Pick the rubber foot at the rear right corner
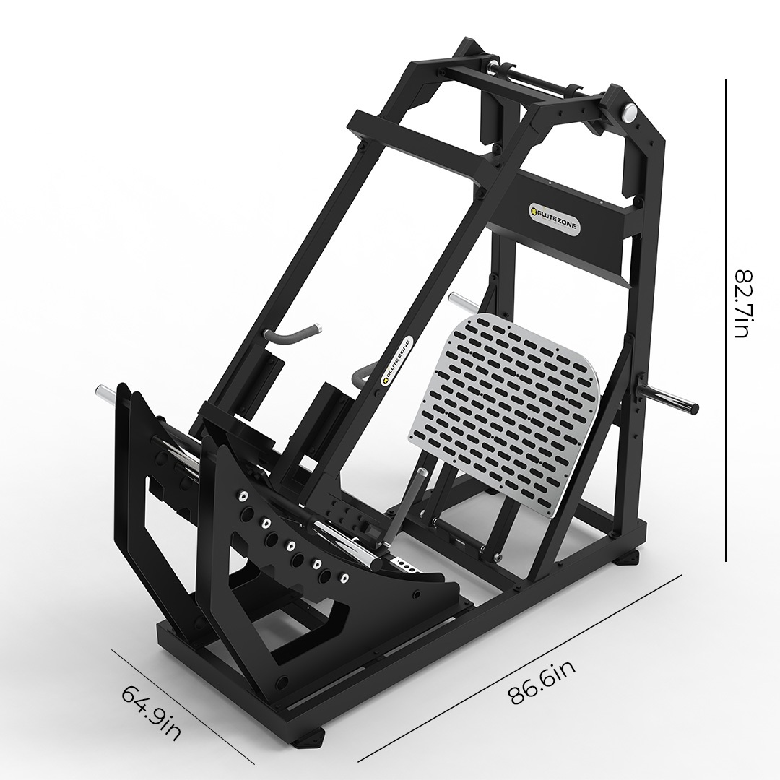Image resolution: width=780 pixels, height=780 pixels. tap(627, 557)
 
